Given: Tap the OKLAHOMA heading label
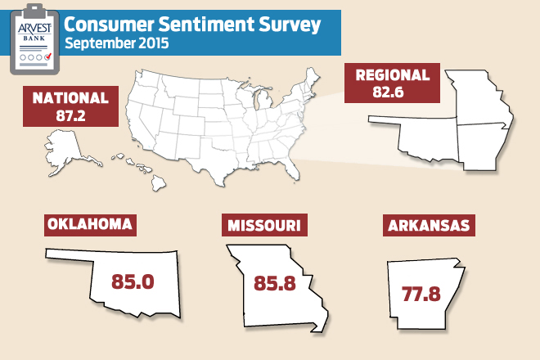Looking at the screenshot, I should pos(90,224).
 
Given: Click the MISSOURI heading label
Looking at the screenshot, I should pos(264,224).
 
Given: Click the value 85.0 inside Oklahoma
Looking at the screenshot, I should pos(133,282).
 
